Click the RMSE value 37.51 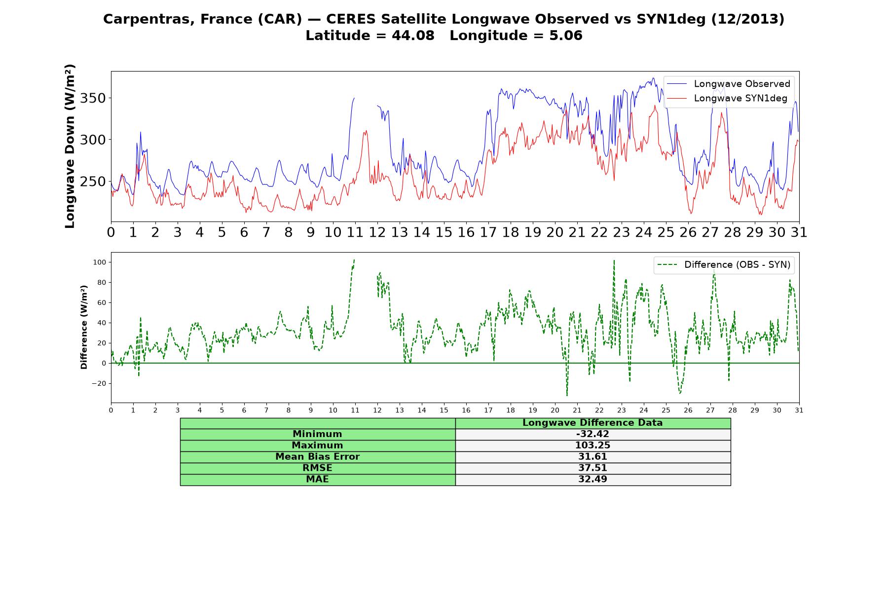[x=592, y=468]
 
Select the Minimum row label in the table [x=317, y=434]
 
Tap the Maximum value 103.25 [x=592, y=445]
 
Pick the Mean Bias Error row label [x=317, y=457]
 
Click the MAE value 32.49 [x=592, y=479]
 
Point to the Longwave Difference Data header [x=592, y=423]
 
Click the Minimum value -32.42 [x=592, y=434]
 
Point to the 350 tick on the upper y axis [x=93, y=98]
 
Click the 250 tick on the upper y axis [x=93, y=182]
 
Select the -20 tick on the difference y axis [x=100, y=383]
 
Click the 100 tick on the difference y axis [x=100, y=262]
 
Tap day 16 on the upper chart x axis [x=466, y=232]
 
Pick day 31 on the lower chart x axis [x=799, y=410]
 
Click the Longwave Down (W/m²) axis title [x=70, y=146]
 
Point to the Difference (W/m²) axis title [x=84, y=327]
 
